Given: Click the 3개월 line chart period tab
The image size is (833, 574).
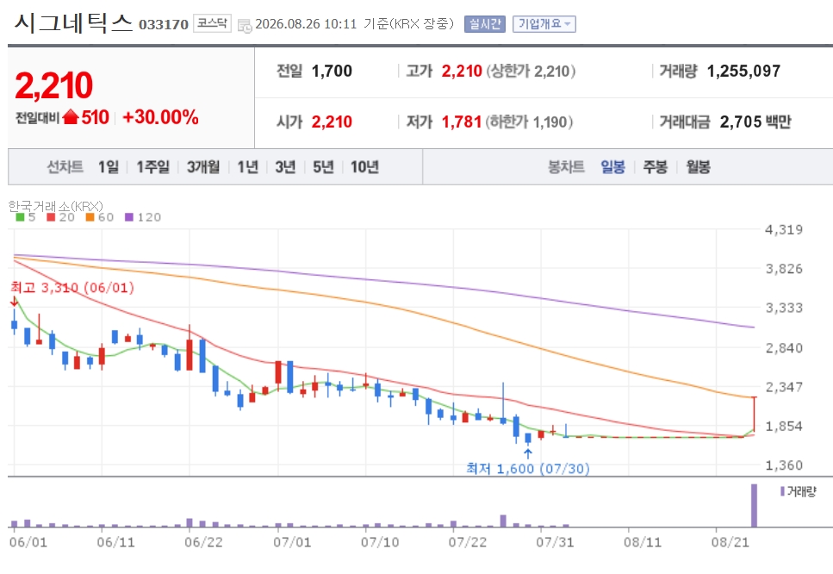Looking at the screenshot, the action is pos(203,167).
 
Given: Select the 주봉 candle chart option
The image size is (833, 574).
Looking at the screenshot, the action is pos(655,167).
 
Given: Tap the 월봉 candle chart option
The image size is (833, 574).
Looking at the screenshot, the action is pos(698,167).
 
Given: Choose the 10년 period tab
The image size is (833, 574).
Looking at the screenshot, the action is pos(364,167).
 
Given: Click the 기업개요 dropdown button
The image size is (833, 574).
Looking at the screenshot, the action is pos(544,24).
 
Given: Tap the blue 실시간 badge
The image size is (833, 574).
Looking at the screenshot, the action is pos(484,24).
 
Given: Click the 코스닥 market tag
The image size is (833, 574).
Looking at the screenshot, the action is pos(212,23).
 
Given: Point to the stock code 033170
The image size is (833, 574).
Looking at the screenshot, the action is pos(164,24).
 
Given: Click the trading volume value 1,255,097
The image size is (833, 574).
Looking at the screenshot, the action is pos(743,71).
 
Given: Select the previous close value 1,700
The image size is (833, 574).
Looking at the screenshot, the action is pos(332,71).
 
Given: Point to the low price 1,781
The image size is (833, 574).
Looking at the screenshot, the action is pos(461,122).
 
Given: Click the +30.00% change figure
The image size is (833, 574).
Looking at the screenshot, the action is pos(160,117).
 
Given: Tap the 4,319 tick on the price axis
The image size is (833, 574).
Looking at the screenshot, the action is pos(784,229).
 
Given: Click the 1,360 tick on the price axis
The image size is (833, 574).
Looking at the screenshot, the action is pos(784,465).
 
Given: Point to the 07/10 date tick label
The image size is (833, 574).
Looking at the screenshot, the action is pos(380,542).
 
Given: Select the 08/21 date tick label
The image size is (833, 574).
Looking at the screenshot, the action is pos(730,542).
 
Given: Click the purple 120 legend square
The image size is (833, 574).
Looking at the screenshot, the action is pos(129,217).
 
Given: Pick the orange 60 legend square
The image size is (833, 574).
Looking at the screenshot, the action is pos(90,217).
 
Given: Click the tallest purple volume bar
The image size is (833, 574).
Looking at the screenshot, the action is pos(754,505).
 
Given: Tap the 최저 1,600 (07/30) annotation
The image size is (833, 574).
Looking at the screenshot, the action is pos(528,468).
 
